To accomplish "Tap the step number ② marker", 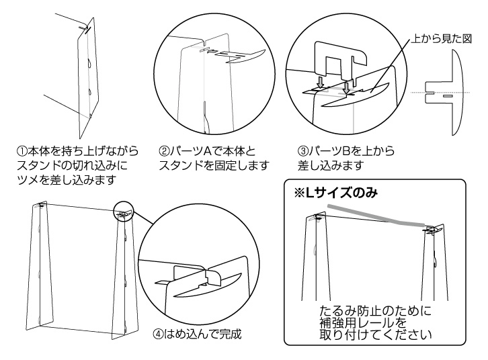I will [164, 152].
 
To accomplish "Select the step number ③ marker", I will [302, 152].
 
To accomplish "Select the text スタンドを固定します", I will [214, 165].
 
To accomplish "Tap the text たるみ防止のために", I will [374, 312].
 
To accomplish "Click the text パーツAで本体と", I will [208, 152].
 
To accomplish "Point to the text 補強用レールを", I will [366, 323].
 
